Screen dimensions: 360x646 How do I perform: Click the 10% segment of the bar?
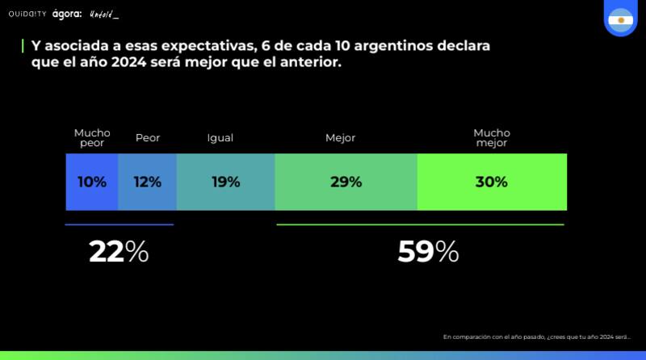[92, 182]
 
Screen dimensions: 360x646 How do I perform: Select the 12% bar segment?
[147, 182]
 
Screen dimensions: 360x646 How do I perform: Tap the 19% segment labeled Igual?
[225, 182]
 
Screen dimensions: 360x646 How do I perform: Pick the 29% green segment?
[346, 182]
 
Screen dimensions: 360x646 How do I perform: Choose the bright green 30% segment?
[492, 182]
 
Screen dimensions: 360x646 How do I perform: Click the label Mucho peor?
[92, 138]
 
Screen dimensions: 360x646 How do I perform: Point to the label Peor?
[148, 138]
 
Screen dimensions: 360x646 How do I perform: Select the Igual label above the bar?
[220, 138]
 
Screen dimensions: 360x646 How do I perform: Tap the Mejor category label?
[340, 138]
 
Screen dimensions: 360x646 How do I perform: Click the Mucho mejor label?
[492, 138]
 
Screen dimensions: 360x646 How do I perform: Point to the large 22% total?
[119, 252]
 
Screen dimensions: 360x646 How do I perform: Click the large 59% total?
[428, 252]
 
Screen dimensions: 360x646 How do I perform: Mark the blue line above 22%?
[119, 224]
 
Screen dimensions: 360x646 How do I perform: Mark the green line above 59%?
[420, 224]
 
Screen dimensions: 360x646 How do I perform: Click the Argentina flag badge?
[620, 17]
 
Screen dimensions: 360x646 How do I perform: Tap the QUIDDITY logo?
[27, 15]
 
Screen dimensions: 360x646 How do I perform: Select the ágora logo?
[67, 15]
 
